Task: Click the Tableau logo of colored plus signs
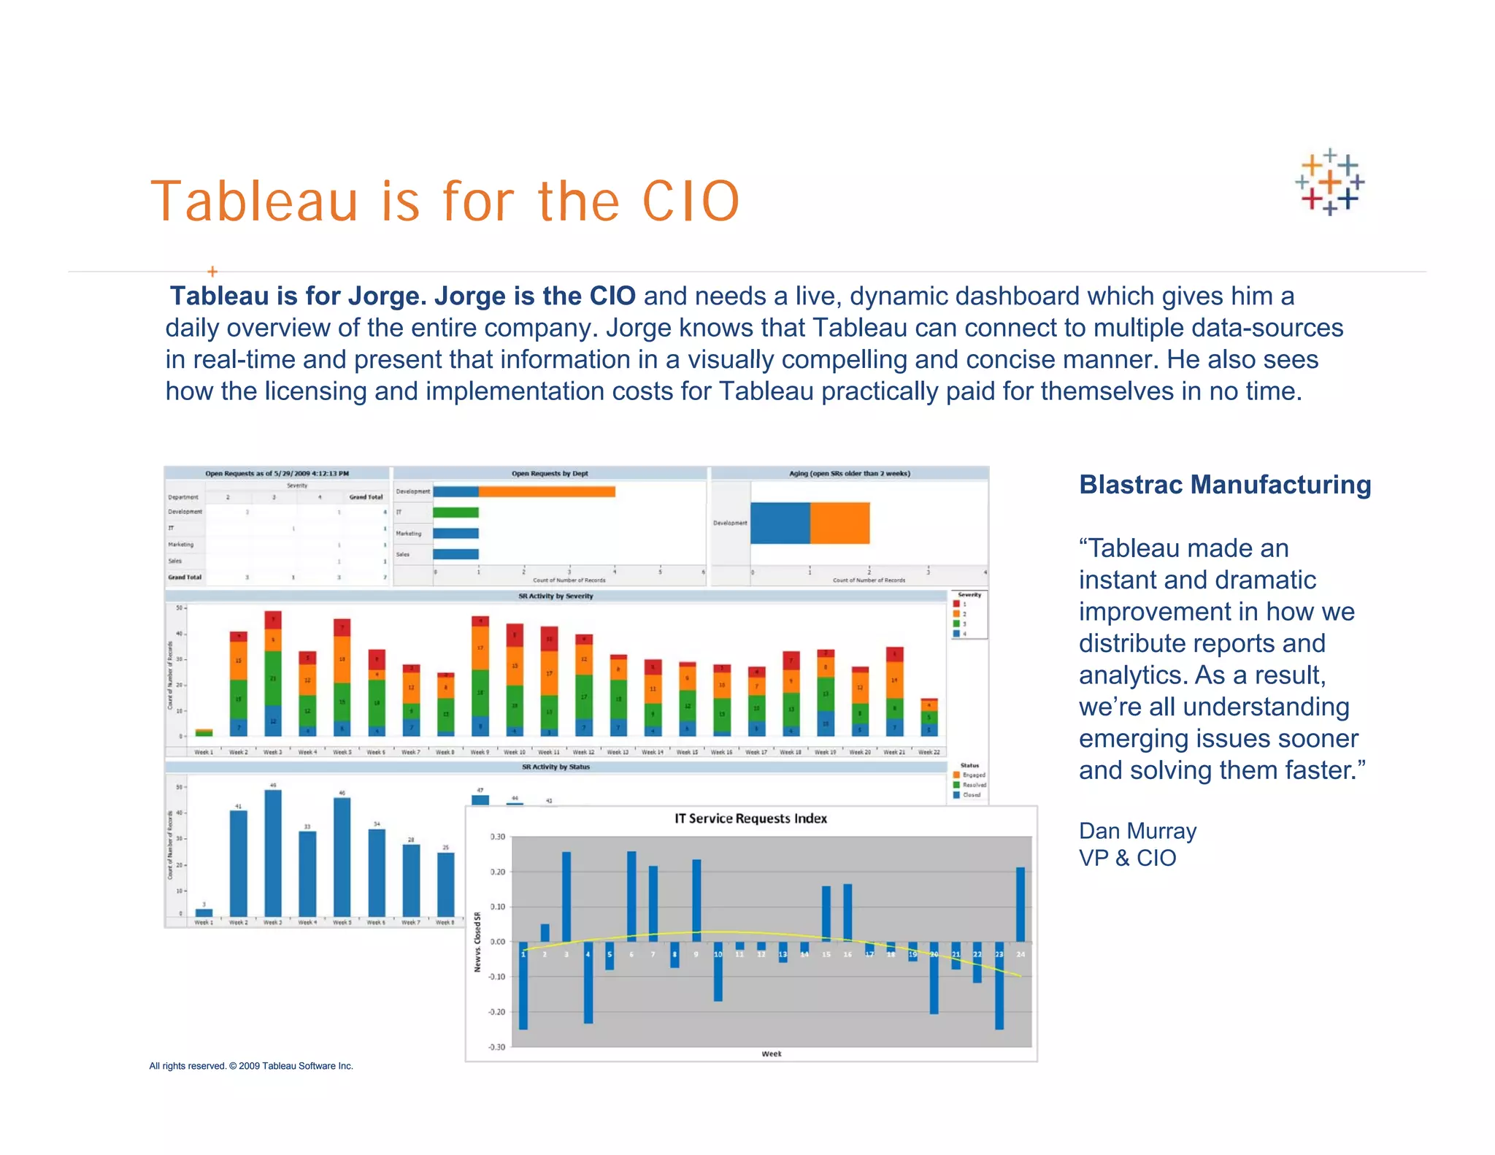tap(1329, 182)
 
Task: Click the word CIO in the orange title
tap(691, 202)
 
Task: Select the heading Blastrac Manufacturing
tap(1224, 485)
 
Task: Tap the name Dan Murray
tap(1137, 831)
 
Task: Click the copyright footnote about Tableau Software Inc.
tap(251, 1066)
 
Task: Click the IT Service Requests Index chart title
tap(750, 818)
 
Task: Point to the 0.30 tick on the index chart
tap(497, 837)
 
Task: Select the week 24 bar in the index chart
tap(1020, 905)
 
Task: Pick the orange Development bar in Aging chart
tap(839, 523)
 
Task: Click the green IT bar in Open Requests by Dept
tap(456, 513)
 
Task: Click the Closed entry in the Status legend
tap(971, 794)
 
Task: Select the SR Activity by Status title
tap(556, 767)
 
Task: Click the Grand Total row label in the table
tap(185, 577)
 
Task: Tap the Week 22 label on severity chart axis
tap(929, 752)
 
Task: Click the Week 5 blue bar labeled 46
tap(342, 858)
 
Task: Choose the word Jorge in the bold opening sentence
tap(387, 296)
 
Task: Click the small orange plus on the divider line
tap(212, 272)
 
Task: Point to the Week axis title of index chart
tap(771, 1054)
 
